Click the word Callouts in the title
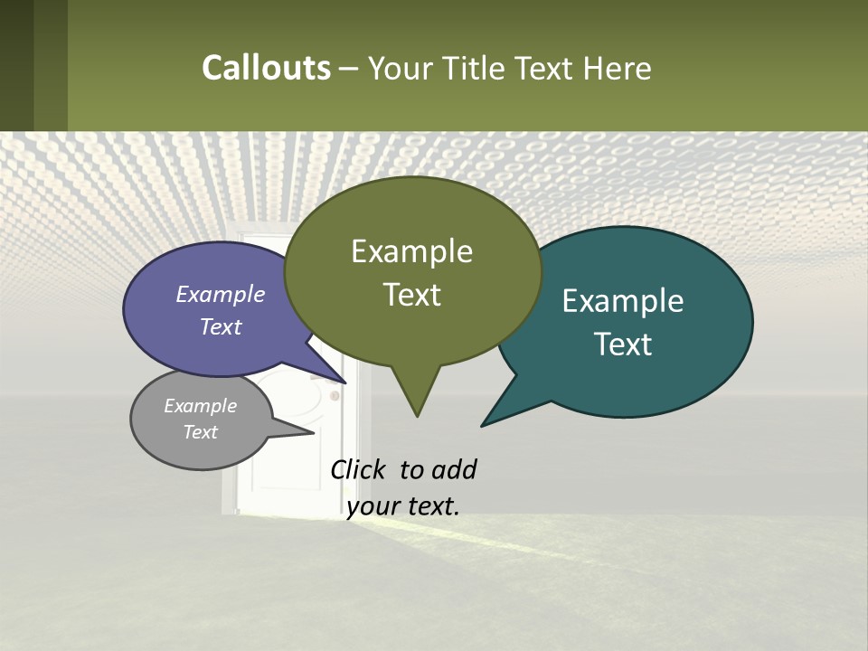point(266,68)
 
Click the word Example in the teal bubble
point(623,301)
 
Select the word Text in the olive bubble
point(412,295)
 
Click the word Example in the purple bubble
point(221,294)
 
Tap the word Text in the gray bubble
point(201,432)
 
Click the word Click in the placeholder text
point(360,469)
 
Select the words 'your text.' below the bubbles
point(403,506)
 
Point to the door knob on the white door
point(335,395)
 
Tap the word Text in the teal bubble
point(623,344)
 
